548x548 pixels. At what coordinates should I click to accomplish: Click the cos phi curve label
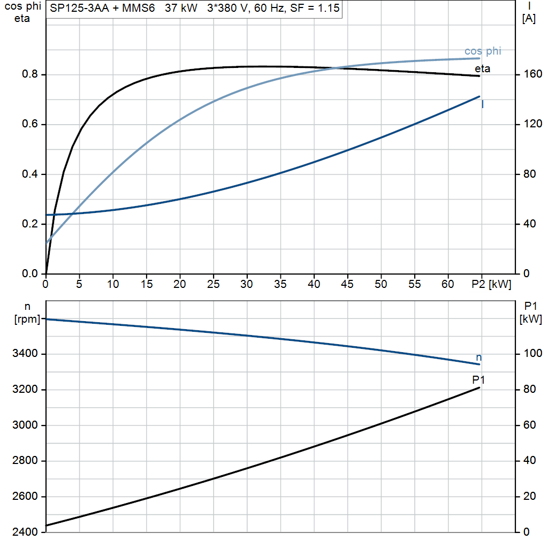click(483, 51)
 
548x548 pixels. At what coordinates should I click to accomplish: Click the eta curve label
click(482, 68)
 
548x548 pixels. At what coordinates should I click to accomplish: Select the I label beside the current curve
click(483, 104)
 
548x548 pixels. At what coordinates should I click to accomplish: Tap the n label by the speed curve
click(479, 357)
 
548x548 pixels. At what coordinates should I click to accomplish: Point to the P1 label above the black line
click(478, 379)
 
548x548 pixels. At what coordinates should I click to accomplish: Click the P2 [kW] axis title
click(491, 284)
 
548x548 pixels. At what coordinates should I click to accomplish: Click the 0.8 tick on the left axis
click(30, 74)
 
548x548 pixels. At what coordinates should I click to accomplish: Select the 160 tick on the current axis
click(532, 74)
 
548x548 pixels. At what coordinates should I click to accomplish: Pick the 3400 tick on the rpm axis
click(25, 354)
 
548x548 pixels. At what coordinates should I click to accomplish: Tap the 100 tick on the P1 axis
click(532, 354)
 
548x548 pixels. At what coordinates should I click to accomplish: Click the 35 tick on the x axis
click(280, 284)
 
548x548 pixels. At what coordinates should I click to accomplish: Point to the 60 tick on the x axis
click(448, 284)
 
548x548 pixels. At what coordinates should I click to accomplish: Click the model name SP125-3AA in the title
click(79, 8)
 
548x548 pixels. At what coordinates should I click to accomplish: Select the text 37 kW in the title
click(181, 8)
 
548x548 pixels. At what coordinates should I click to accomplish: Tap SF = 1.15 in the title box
click(315, 8)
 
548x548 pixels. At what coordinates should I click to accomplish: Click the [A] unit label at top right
click(529, 19)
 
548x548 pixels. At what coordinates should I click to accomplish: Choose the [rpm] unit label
click(27, 319)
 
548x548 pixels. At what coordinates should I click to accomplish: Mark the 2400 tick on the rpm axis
click(25, 532)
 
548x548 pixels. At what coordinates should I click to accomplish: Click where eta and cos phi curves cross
click(335, 68)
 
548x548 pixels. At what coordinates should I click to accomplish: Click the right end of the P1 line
click(479, 387)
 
